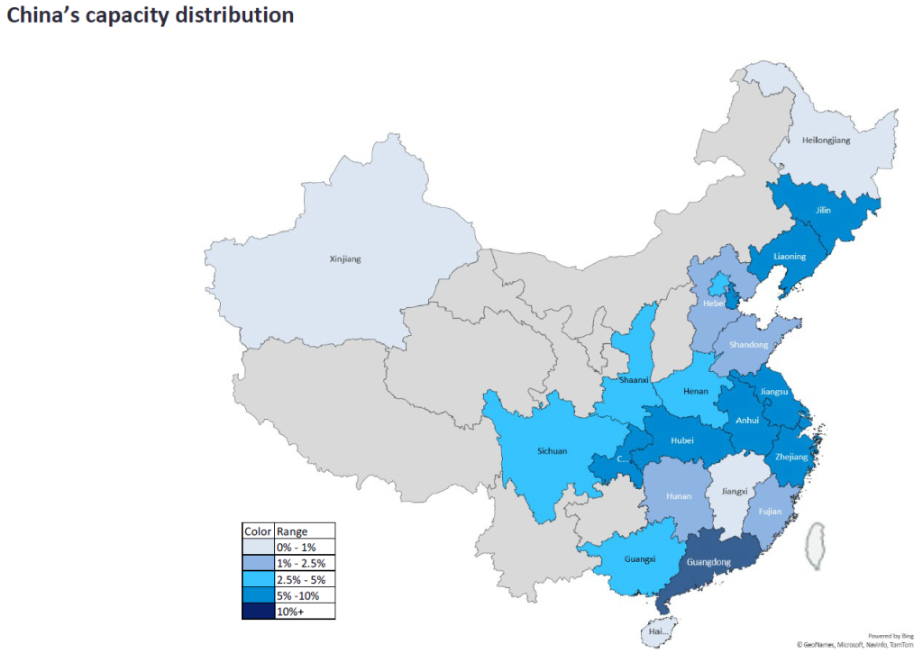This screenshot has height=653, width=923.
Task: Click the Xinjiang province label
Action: tap(345, 259)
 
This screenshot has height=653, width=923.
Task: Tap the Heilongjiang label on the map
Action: tap(826, 141)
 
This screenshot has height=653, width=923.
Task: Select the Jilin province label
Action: tap(823, 211)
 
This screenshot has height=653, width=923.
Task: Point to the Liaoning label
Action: tap(790, 257)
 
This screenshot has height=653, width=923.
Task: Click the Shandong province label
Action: tap(749, 345)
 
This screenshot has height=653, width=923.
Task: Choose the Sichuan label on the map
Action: tap(553, 450)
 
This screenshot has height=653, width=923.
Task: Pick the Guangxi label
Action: tap(639, 559)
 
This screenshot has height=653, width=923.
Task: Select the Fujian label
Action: tap(770, 512)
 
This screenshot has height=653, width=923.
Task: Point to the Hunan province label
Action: tap(679, 496)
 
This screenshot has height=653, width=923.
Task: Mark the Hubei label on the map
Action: tap(682, 441)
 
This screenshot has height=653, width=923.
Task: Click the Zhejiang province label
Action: tap(792, 457)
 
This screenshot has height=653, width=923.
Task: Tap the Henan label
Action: tap(696, 392)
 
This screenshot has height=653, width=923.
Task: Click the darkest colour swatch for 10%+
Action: tap(258, 612)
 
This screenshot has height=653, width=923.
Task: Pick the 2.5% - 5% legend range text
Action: tap(300, 579)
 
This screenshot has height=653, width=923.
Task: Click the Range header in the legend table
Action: tap(292, 531)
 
